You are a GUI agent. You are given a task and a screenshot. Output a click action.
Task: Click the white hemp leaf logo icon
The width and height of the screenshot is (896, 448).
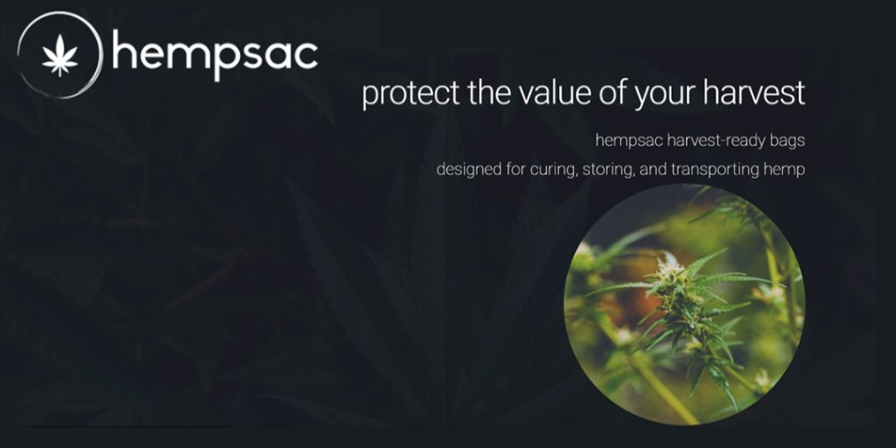click(60, 57)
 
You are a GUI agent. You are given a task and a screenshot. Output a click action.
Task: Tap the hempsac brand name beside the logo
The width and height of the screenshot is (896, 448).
click(214, 54)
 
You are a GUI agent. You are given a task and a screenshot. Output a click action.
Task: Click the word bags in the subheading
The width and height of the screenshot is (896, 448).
click(787, 140)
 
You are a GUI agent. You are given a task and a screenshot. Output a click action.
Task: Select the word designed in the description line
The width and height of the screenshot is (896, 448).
click(469, 170)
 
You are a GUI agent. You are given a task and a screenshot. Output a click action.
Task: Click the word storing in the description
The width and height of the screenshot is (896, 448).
click(605, 170)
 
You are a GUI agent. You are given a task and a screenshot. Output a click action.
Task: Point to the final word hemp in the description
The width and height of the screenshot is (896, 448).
click(787, 170)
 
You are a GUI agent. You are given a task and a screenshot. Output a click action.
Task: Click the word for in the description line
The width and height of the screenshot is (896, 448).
click(516, 169)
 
